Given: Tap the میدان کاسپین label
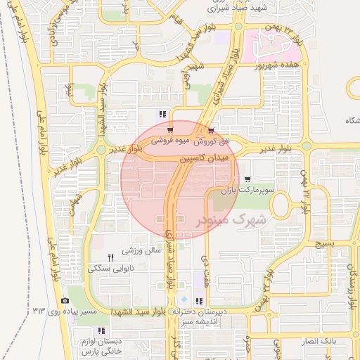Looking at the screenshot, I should tap(204, 160).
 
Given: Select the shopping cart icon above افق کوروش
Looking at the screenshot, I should tap(212, 131).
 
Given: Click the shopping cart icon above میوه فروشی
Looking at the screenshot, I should tap(172, 131).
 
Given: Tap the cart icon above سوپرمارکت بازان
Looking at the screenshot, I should tap(246, 179).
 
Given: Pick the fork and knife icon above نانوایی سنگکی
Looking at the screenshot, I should tap(110, 257).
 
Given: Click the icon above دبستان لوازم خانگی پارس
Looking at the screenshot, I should tap(102, 330).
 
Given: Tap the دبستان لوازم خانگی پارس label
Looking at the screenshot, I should tap(98, 345).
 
